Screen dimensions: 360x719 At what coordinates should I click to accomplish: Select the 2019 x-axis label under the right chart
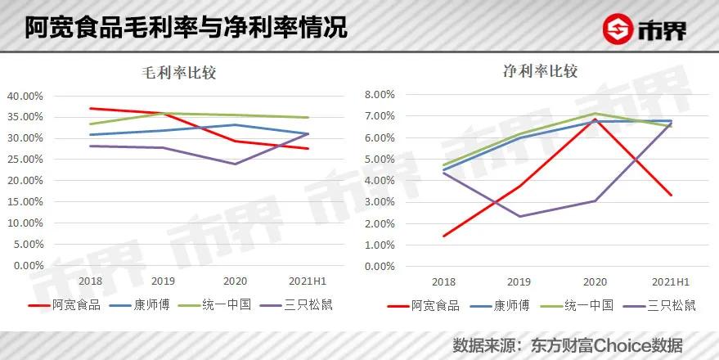click(x=518, y=281)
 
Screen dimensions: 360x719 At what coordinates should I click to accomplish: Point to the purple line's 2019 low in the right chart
click(x=518, y=217)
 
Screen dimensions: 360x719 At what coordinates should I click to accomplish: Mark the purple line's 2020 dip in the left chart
click(x=236, y=164)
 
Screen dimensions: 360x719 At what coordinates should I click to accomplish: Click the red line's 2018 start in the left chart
click(x=90, y=108)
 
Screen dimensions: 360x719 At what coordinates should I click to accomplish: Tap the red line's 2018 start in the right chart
click(x=443, y=236)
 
